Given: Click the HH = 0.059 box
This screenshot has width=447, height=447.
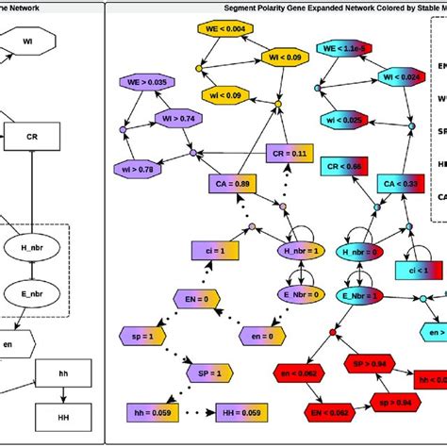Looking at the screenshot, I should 240,411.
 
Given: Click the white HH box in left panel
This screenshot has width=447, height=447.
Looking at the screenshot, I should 63,412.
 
